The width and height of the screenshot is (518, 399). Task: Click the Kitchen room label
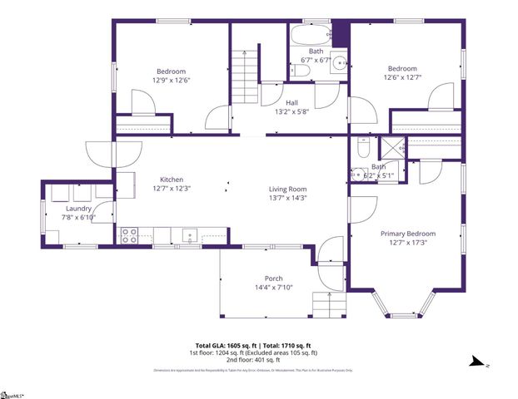pyautogui.click(x=172, y=180)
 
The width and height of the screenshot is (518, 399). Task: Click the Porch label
pyautogui.click(x=273, y=278)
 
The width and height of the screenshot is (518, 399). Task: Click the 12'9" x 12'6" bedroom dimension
pyautogui.click(x=171, y=80)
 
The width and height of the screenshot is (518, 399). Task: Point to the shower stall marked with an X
pyautogui.click(x=389, y=150)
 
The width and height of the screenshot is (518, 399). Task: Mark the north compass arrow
pyautogui.click(x=477, y=362)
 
